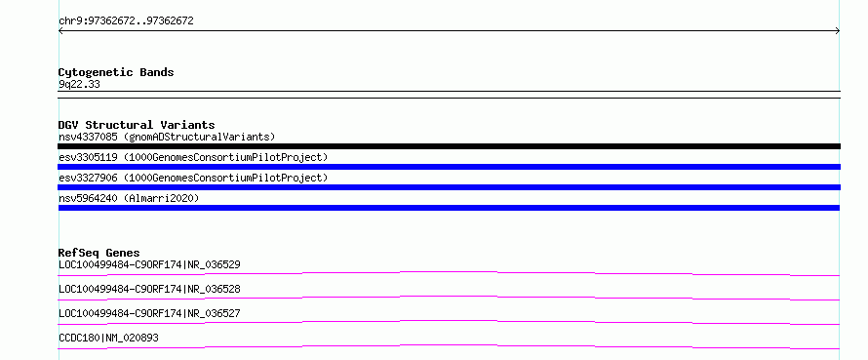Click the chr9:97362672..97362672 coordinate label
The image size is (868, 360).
point(126,21)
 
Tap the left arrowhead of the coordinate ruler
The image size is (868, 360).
point(59,31)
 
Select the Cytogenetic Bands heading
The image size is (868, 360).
point(116,72)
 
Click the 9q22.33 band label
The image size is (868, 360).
point(79,85)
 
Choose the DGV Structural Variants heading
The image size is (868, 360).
point(137,125)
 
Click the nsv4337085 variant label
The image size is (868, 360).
point(87,137)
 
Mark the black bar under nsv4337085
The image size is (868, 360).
point(449,146)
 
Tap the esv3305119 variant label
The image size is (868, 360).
point(88,157)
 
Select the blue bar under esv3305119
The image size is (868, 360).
point(449,167)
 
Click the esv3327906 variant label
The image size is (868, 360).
point(88,178)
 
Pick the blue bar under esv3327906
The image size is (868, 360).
point(449,187)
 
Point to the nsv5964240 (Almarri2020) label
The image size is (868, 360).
point(129,198)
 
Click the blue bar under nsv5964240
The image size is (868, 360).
point(449,208)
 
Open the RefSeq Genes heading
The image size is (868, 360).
point(99,253)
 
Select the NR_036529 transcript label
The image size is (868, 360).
point(214,264)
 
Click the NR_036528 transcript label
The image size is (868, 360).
point(214,289)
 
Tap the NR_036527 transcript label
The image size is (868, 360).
point(214,313)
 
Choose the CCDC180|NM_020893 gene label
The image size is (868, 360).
point(108,338)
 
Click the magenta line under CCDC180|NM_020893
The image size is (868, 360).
point(449,346)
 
